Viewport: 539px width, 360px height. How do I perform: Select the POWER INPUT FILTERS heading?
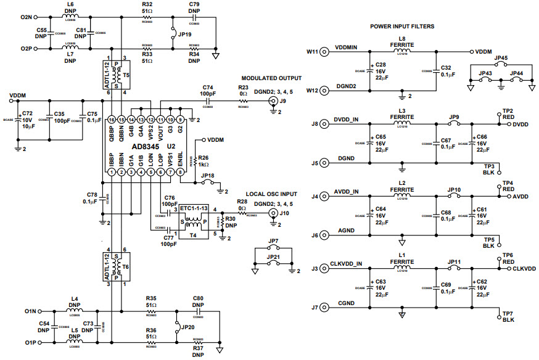pos(401,27)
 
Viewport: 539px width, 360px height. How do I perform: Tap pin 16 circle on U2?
pos(111,120)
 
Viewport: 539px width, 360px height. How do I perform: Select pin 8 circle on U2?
pos(180,174)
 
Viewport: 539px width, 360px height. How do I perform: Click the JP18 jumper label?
pos(208,176)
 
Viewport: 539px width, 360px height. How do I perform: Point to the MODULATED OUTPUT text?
pos(271,78)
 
